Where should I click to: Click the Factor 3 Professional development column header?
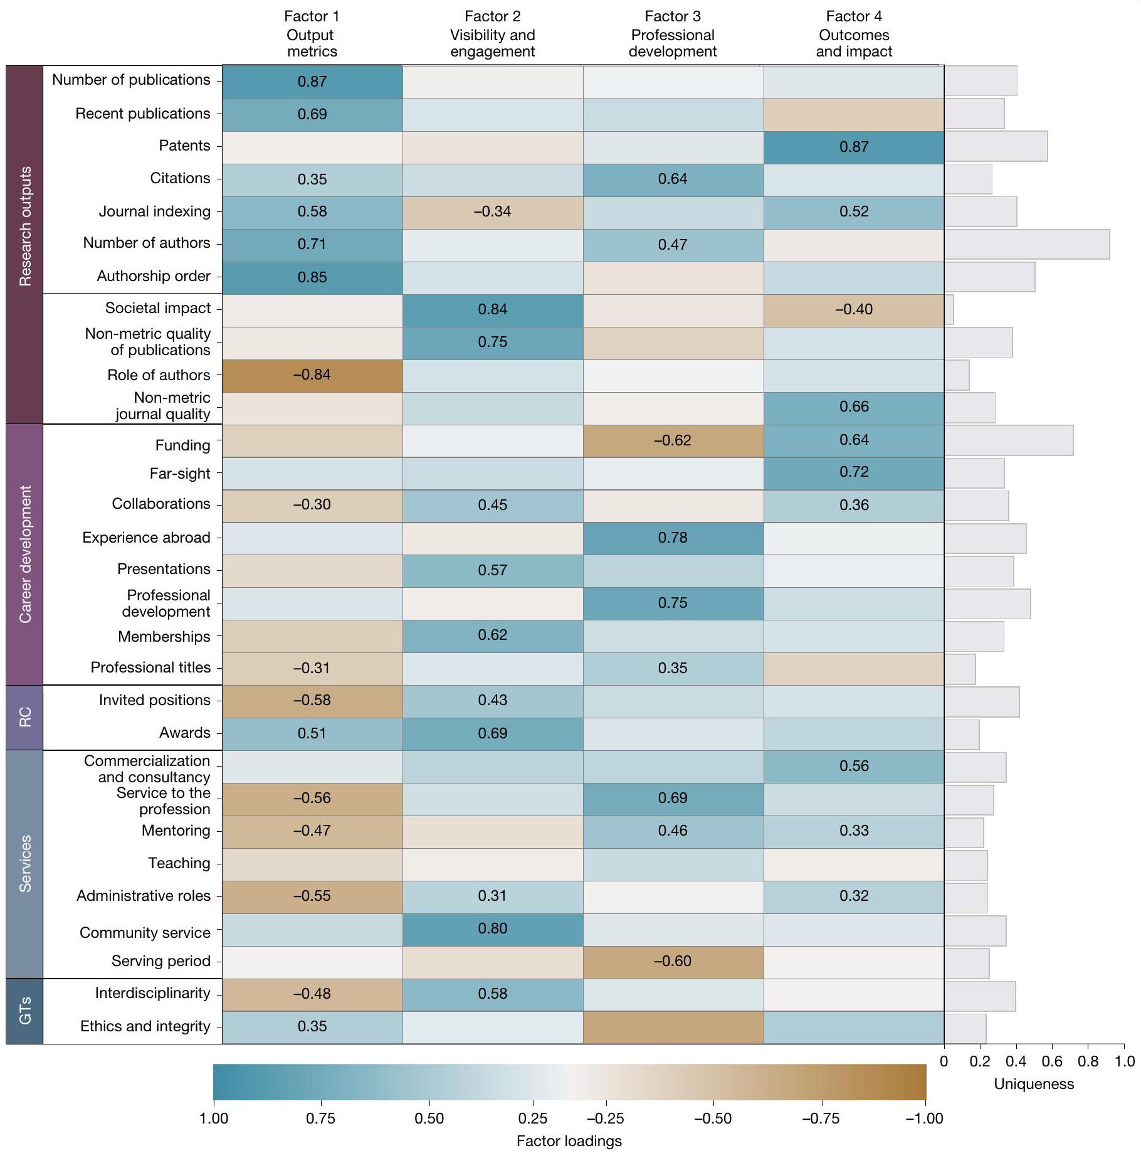coord(673,35)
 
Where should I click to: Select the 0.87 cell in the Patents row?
coord(854,147)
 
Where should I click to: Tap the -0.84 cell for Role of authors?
coord(312,375)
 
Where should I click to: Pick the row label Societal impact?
coord(158,308)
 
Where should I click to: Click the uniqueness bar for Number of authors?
coord(1026,244)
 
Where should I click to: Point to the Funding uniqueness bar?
coord(1008,440)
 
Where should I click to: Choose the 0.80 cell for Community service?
coord(493,929)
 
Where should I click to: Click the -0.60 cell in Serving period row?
coord(673,962)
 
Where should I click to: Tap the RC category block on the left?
coord(24,717)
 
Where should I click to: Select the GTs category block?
coord(24,1011)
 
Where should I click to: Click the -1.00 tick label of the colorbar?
coord(925,1118)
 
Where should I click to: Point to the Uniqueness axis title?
coord(1034,1084)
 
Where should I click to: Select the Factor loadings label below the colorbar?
coord(569,1141)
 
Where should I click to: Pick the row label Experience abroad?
coord(146,538)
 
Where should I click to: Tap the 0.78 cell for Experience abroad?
coord(673,538)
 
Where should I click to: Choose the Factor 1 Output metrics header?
coord(312,35)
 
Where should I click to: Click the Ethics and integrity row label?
coord(145,1026)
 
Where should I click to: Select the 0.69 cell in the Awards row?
coord(493,733)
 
